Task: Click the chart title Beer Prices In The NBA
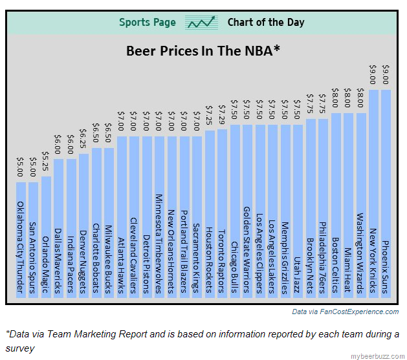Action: pos(203,50)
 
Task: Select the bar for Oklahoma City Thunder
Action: pos(21,239)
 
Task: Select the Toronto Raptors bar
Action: pos(222,213)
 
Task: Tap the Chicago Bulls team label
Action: pos(234,266)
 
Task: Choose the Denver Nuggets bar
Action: pos(83,226)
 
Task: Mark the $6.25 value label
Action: pos(83,140)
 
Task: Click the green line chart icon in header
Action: pos(201,23)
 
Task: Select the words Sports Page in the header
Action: pos(147,23)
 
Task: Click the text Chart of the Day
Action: pos(265,23)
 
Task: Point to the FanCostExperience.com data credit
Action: pos(345,312)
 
